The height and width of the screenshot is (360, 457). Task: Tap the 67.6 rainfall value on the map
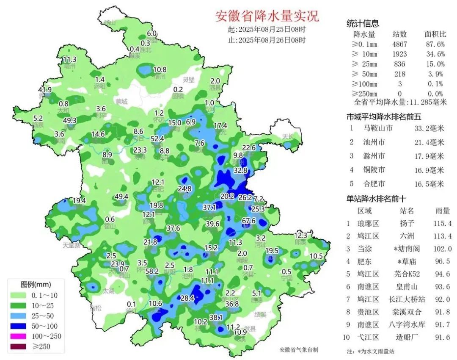tap(248, 221)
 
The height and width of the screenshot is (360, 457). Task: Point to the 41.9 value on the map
tap(44, 90)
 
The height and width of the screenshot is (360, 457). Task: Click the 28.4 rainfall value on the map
tap(187, 298)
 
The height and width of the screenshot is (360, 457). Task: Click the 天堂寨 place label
tap(72, 245)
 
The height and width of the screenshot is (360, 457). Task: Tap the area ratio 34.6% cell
tap(435, 54)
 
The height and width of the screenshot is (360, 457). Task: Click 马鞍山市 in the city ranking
tap(378, 127)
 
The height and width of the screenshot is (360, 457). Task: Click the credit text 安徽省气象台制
tap(299, 350)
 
